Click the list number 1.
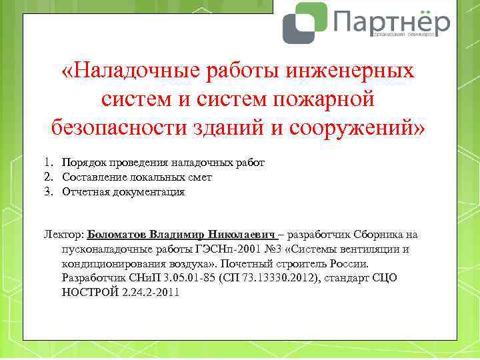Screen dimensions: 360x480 point(49,163)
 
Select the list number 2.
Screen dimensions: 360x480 point(49,177)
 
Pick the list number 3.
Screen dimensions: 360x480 point(49,191)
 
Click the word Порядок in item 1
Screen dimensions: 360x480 point(83,163)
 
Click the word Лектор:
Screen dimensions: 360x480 point(64,235)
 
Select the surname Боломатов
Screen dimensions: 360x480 point(117,235)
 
